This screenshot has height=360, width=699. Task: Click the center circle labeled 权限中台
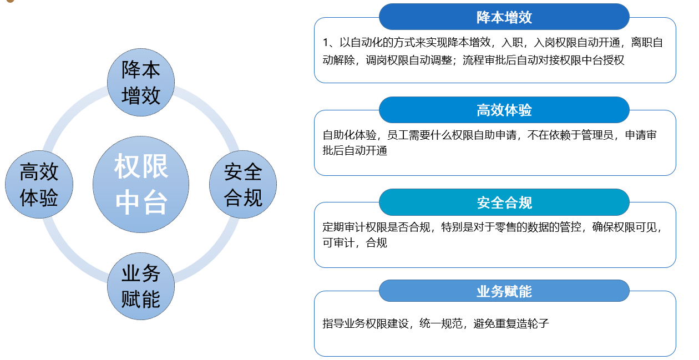(141, 184)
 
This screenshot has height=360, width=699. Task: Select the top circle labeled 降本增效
(141, 82)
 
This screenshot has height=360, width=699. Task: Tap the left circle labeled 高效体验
(39, 184)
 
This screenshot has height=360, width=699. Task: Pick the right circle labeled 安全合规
(243, 184)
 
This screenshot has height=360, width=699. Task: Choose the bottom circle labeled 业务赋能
(141, 286)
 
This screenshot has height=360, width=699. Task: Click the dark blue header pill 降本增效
(504, 17)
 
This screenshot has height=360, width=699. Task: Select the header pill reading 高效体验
(504, 110)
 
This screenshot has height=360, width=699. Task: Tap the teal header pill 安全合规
(504, 202)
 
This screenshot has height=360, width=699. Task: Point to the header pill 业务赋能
(504, 291)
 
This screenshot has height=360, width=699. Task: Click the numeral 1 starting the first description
(326, 42)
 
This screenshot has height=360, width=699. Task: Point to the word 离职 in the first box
(641, 42)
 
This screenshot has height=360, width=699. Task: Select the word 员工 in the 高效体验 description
(398, 135)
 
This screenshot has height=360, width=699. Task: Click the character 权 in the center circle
(127, 166)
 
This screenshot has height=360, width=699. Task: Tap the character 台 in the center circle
(154, 202)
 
